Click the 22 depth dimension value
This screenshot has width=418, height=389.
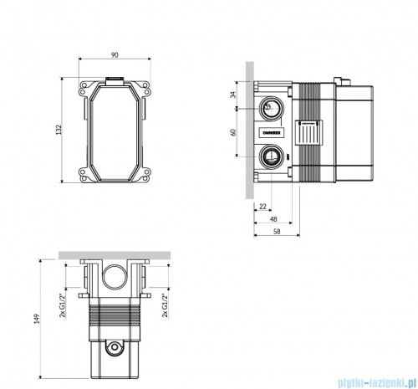tap(263, 206)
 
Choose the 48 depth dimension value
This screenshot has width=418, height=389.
tap(273, 218)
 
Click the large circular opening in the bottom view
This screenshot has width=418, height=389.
tap(115, 278)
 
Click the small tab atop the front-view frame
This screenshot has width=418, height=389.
tap(115, 81)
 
